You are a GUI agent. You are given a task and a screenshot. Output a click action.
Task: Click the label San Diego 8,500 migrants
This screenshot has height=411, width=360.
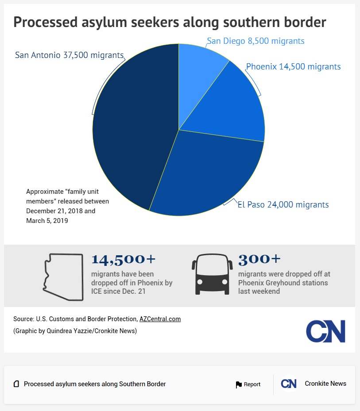pos(255,41)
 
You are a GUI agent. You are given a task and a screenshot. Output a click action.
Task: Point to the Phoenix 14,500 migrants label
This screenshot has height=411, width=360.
pos(293,67)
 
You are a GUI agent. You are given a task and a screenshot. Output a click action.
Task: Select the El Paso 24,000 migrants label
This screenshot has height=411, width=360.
pos(283,204)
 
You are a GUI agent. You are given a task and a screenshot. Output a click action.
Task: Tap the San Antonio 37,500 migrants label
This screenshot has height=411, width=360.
pos(69,55)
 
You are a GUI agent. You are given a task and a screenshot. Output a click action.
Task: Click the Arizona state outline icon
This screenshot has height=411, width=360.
pos(63,277)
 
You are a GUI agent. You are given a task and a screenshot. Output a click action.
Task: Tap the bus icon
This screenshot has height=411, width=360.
pos(212,275)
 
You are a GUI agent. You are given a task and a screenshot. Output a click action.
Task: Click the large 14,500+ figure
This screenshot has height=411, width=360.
pos(124,259)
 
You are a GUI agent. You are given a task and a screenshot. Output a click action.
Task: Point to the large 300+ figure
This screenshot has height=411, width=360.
pos(259,259)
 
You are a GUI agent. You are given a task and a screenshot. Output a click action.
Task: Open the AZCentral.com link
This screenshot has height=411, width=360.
pos(160,319)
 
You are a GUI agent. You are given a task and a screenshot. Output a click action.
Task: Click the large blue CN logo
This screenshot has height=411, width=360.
pos(325,331)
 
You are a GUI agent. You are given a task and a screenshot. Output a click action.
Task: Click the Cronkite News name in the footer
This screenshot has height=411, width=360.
pos(325,384)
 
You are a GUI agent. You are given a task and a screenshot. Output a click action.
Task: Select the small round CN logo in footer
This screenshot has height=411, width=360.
pos(289,384)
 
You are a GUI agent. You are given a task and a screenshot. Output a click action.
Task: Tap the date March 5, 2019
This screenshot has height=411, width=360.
pos(47,220)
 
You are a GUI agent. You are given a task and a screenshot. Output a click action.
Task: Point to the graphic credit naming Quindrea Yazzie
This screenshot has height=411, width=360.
pos(75,331)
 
